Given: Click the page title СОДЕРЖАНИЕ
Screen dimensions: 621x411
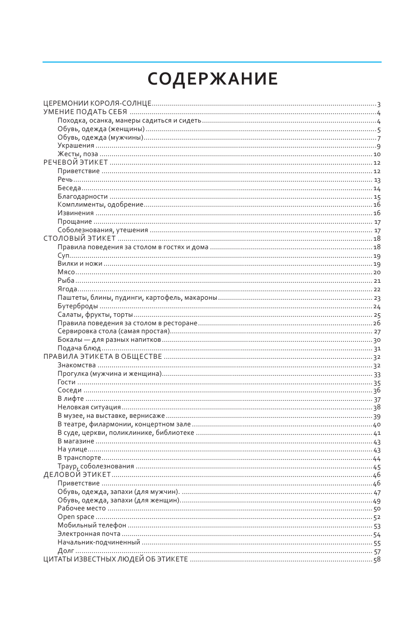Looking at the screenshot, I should pyautogui.click(x=213, y=79).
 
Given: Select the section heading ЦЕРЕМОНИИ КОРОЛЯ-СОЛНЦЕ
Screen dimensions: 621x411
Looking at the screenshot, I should pyautogui.click(x=97, y=104).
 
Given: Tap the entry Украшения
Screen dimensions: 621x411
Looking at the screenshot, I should pyautogui.click(x=76, y=146).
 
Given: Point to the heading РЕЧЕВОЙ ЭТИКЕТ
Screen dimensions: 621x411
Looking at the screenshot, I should pyautogui.click(x=76, y=163).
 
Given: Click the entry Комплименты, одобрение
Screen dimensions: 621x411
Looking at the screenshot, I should pyautogui.click(x=101, y=205).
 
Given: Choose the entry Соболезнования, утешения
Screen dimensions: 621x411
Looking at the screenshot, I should pyautogui.click(x=103, y=230).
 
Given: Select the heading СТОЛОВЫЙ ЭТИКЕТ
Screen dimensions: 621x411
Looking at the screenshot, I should pyautogui.click(x=80, y=238).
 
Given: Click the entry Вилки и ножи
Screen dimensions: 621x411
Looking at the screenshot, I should pyautogui.click(x=80, y=264).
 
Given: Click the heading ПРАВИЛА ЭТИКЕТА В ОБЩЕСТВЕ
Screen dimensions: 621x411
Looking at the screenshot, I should pyautogui.click(x=103, y=357).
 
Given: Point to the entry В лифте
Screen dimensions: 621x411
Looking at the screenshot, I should pyautogui.click(x=71, y=399).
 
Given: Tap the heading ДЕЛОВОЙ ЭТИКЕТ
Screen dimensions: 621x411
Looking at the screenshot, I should pyautogui.click(x=77, y=475).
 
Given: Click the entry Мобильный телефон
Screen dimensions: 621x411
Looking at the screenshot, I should pyautogui.click(x=92, y=525).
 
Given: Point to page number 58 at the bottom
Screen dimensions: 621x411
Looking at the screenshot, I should pyautogui.click(x=377, y=559).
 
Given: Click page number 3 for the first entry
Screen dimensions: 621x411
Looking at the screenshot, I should pyautogui.click(x=379, y=104).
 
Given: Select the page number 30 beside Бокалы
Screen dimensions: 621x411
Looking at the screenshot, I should pyautogui.click(x=377, y=340).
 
